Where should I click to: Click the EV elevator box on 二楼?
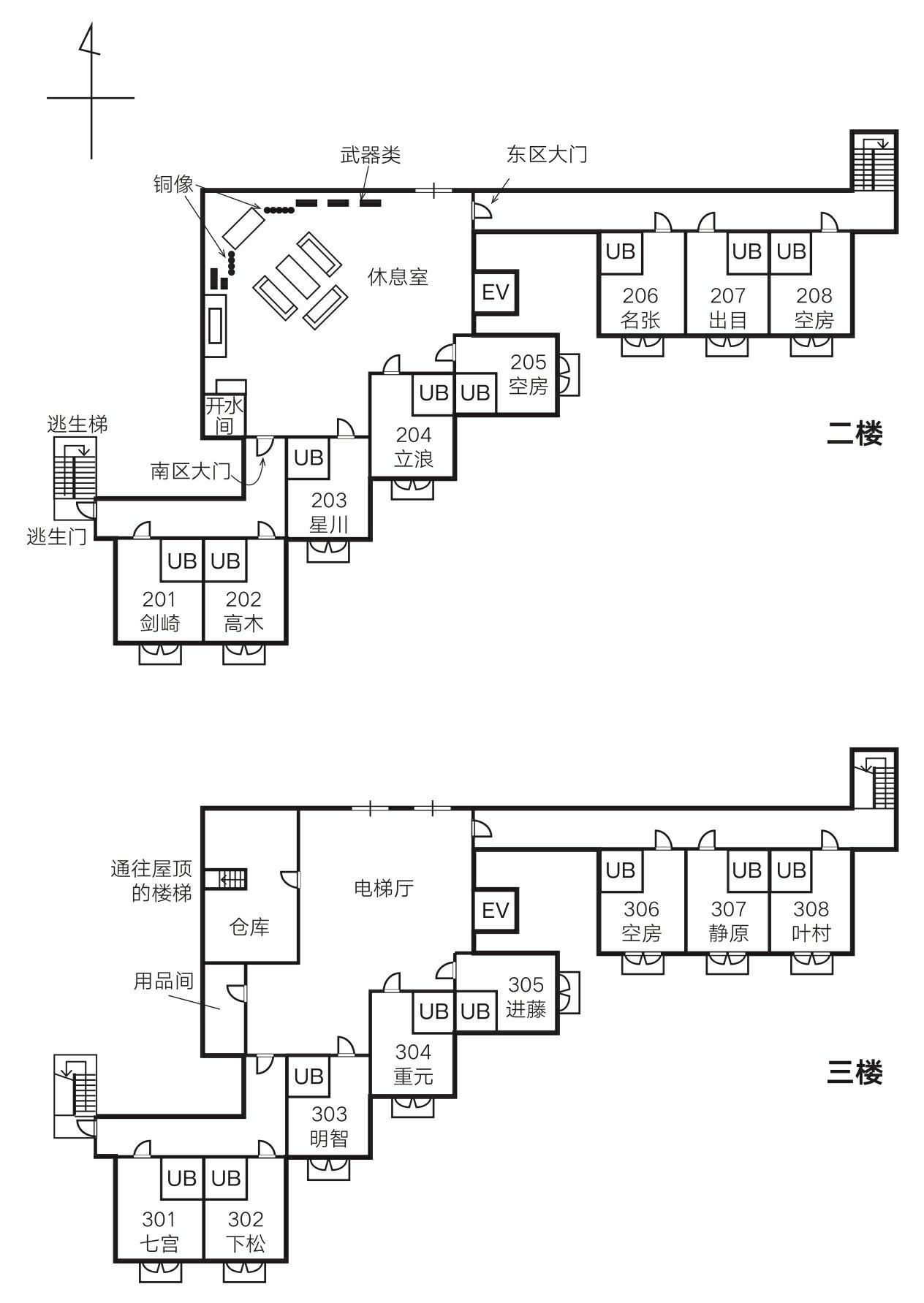[x=496, y=292]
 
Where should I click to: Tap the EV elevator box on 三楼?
[x=496, y=910]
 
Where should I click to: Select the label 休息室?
[x=398, y=277]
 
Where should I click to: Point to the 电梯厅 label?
[x=384, y=888]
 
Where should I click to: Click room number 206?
[x=640, y=296]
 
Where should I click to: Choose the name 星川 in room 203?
[x=329, y=525]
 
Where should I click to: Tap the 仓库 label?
[x=250, y=927]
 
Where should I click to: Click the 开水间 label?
[x=224, y=415]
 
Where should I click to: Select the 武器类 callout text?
[x=371, y=155]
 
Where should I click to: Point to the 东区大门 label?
[x=547, y=154]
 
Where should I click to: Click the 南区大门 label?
[x=191, y=471]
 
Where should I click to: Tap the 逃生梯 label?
[x=77, y=424]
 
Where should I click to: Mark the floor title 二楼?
[x=855, y=433]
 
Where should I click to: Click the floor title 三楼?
[x=855, y=1073]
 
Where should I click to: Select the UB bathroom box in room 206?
[x=621, y=253]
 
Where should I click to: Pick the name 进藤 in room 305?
[x=526, y=1009]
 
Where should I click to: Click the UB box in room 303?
[x=308, y=1076]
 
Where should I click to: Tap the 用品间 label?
[x=163, y=981]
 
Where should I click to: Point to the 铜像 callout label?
[x=173, y=183]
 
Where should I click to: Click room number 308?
[x=811, y=909]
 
